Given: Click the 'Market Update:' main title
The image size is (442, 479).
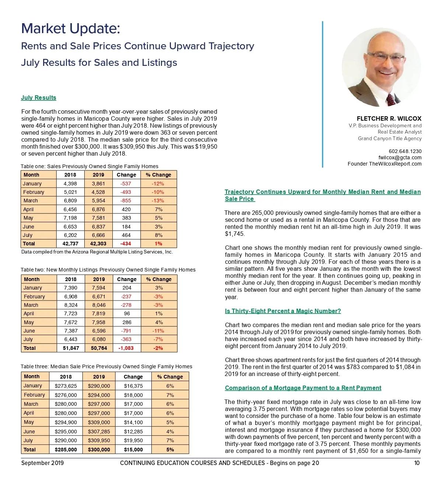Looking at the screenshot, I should [71, 28].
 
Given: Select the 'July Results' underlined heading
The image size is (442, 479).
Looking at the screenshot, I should [39, 97].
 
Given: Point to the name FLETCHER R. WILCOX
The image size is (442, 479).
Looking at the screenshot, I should [389, 118].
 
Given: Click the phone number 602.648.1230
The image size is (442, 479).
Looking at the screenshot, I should [405, 151].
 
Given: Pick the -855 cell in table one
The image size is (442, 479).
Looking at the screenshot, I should [126, 201].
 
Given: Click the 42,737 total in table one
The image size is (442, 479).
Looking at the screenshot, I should [70, 244].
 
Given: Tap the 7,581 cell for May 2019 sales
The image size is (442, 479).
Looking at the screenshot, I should [98, 218].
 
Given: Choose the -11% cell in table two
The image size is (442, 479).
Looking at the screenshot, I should [158, 331].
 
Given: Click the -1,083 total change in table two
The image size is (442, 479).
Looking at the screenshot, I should [126, 348].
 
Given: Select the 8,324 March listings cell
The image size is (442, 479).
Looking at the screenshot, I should [71, 305].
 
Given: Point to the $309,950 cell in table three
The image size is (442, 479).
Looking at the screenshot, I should [99, 440].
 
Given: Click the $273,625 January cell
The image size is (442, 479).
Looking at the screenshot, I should [66, 386].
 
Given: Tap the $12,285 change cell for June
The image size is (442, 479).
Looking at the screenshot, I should [133, 432].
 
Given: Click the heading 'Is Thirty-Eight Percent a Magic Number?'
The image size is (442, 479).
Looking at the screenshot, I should [283, 311].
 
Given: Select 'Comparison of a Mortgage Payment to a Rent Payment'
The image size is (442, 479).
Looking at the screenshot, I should [303, 388].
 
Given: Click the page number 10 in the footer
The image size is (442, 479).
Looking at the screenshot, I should [417, 463].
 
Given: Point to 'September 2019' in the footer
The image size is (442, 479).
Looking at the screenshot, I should [42, 463].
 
